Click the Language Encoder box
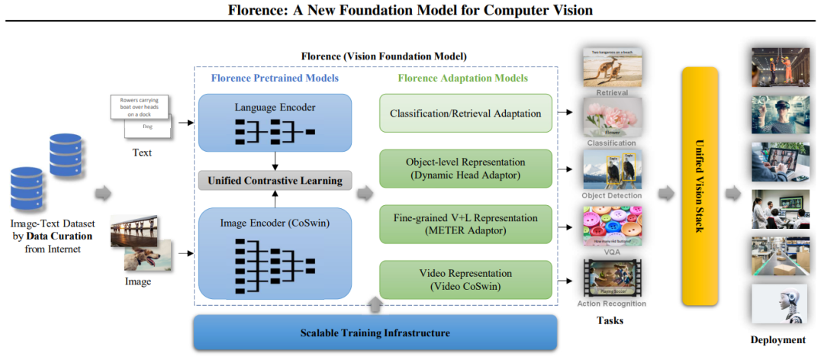tap(275, 122)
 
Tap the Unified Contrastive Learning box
tap(275, 181)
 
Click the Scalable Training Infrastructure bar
tap(374, 333)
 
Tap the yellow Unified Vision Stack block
tap(700, 185)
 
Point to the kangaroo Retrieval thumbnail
tap(612, 68)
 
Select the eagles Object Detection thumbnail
tap(612, 169)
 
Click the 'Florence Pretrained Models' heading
tap(275, 78)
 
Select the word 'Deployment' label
tap(777, 339)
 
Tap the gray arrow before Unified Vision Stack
tap(666, 193)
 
